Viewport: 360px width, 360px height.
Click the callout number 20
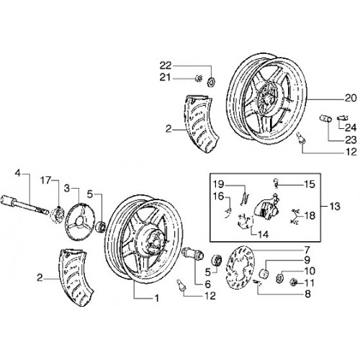click(351, 98)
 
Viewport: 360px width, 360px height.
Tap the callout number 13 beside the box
click(335, 206)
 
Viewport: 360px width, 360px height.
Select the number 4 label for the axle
click(18, 174)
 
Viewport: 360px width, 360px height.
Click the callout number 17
click(45, 181)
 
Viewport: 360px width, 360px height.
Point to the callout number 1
click(156, 298)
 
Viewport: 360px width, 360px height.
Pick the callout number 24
click(351, 127)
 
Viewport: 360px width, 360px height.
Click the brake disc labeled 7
click(240, 267)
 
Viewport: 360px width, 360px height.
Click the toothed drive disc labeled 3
click(81, 221)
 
